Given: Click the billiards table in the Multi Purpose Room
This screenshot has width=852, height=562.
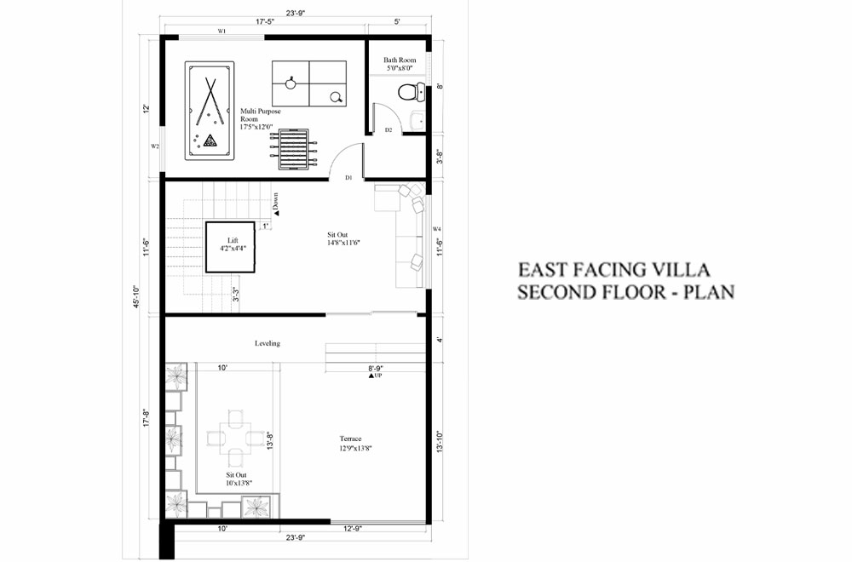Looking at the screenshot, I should [210, 110].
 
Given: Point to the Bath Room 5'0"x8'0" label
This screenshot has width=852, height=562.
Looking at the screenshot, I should [399, 65].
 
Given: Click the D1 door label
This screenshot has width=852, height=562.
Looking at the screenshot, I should [348, 178].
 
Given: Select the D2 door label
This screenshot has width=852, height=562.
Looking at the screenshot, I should [388, 130].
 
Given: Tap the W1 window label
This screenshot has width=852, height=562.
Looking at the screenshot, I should [222, 32].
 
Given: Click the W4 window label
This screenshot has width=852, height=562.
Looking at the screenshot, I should [436, 229].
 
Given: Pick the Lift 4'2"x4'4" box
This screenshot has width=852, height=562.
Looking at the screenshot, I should [232, 246].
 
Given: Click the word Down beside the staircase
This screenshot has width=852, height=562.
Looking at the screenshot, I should [276, 203].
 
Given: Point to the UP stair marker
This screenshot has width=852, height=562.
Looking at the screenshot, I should [375, 376].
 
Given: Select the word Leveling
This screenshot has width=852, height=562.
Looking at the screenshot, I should [267, 343].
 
